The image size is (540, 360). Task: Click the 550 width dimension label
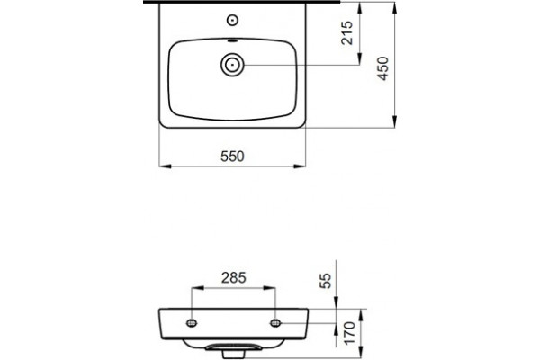click(x=232, y=157)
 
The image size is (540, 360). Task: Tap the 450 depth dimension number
click(x=383, y=68)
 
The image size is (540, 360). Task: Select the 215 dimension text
click(x=347, y=32)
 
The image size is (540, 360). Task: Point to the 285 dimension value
click(x=234, y=278)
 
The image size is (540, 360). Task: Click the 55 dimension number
click(x=326, y=281)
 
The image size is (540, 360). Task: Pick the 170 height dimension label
click(x=349, y=333)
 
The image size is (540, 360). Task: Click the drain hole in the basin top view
click(x=233, y=65)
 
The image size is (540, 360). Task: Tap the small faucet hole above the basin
click(x=233, y=21)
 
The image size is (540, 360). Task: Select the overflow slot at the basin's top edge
click(x=233, y=41)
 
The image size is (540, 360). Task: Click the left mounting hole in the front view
click(x=192, y=323)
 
